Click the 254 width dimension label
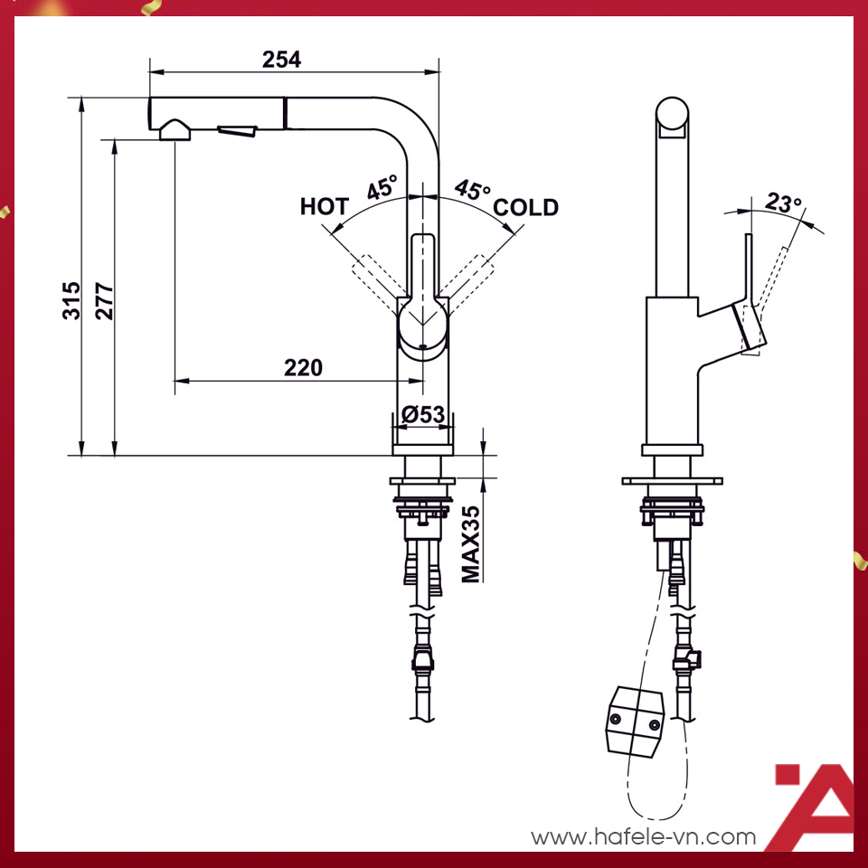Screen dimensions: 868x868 [x=281, y=60]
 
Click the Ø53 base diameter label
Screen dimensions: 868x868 [x=423, y=414]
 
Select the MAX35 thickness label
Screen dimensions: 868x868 [x=470, y=542]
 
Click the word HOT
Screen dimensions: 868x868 [x=324, y=207]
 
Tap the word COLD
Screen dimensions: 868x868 [x=525, y=208]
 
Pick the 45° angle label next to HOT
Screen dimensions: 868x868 [x=382, y=189]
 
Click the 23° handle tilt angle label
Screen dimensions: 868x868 [x=784, y=202]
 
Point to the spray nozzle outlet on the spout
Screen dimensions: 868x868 [x=175, y=131]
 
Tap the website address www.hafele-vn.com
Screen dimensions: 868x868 [x=643, y=836]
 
